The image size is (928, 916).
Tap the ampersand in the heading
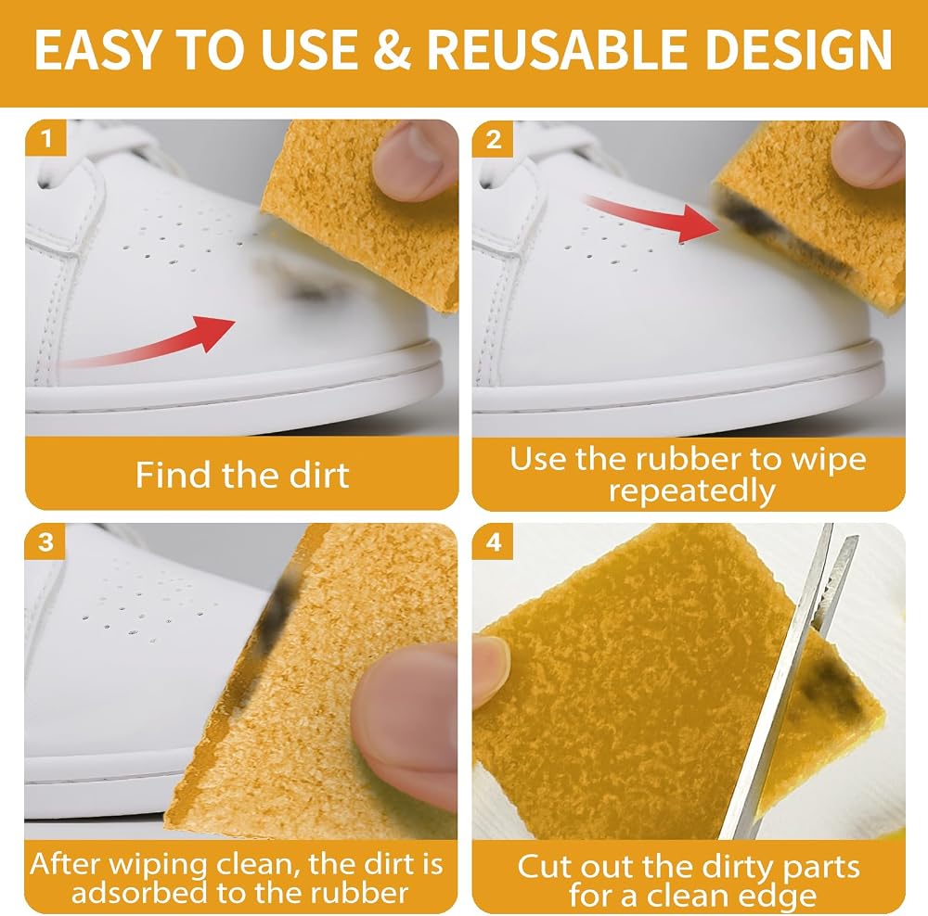[x=393, y=50]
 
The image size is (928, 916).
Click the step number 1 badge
[x=45, y=138]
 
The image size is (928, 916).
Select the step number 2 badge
[x=493, y=140]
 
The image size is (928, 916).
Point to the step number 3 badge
[x=45, y=541]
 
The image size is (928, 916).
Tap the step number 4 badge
[x=493, y=541]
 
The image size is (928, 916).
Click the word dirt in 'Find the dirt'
[x=319, y=475]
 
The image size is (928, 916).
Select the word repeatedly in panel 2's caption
[x=692, y=491]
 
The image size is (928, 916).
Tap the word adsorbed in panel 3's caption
[x=139, y=892]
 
